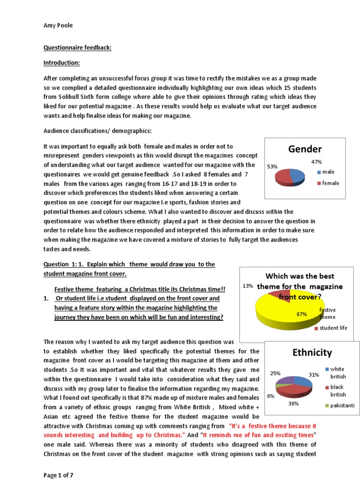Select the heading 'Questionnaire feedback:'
coord(77,48)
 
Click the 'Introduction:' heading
coord(62,63)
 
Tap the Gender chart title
coord(305,149)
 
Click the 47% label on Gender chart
coord(317,162)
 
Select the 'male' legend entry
coord(328,172)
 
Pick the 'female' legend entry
coord(330,183)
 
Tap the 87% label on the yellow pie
coord(301,314)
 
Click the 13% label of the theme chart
coord(248,285)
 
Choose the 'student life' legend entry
coord(333,328)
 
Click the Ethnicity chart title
coord(312,352)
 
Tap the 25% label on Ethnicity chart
coord(275,374)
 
